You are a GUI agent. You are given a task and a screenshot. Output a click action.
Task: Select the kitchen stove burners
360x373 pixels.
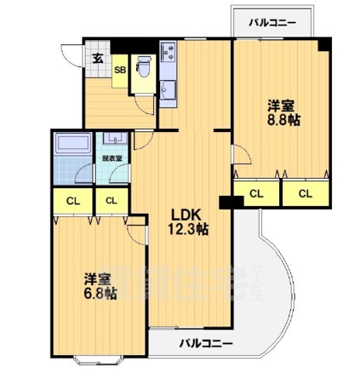pyautogui.click(x=169, y=52)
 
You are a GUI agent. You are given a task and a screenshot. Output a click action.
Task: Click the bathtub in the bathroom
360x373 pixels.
pyautogui.click(x=73, y=143)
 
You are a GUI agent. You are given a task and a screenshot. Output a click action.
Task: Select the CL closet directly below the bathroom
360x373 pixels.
pyautogui.click(x=72, y=201)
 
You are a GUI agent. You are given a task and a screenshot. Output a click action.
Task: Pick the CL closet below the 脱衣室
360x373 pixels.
pyautogui.click(x=112, y=200)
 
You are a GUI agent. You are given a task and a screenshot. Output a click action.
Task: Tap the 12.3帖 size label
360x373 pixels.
pyautogui.click(x=187, y=229)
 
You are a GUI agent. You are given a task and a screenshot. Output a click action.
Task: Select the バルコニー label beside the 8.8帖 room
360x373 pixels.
pyautogui.click(x=272, y=23)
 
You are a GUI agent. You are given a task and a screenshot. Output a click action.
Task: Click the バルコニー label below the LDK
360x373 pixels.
pyautogui.click(x=206, y=342)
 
